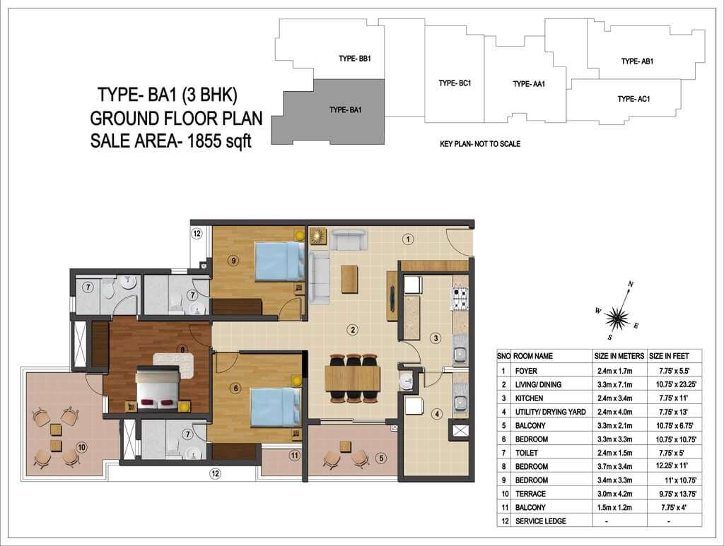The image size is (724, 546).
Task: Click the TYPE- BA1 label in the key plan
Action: [x=345, y=109]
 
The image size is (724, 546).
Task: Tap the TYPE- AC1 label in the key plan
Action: [x=634, y=99]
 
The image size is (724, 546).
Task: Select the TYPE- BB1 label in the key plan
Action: [x=355, y=59]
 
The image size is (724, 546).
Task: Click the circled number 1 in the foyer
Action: [x=408, y=239]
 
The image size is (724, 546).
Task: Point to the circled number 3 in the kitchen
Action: [x=436, y=338]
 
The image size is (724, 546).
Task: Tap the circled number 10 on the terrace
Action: [x=82, y=447]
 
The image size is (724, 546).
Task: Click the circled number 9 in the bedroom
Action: [x=234, y=261]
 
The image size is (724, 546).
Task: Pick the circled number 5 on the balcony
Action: [x=381, y=458]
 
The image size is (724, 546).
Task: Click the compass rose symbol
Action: [x=617, y=317]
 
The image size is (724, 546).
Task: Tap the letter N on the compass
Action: [x=631, y=285]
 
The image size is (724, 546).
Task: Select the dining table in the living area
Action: [x=352, y=378]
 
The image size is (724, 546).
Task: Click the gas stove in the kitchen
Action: [x=460, y=298]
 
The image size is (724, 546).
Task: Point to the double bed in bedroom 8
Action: [x=157, y=387]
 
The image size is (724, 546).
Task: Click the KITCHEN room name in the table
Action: [x=529, y=398]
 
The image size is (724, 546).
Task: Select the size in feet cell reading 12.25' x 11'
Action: [x=675, y=466]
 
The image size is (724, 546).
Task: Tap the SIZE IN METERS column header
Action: [x=619, y=356]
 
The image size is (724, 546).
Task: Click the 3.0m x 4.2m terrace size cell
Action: [x=614, y=494]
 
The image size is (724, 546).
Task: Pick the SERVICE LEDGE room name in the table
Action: [x=541, y=521]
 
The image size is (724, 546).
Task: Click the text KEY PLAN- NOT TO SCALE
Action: [x=480, y=144]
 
